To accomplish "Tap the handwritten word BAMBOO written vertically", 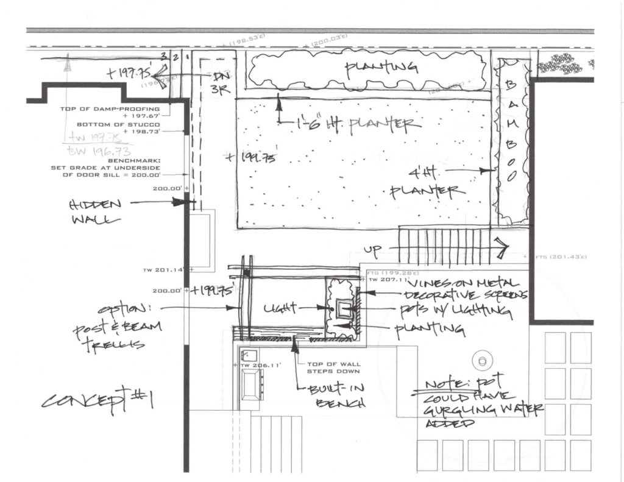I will [x=511, y=131].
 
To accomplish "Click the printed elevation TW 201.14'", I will [x=165, y=269].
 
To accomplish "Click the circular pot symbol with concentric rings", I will [x=483, y=358].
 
